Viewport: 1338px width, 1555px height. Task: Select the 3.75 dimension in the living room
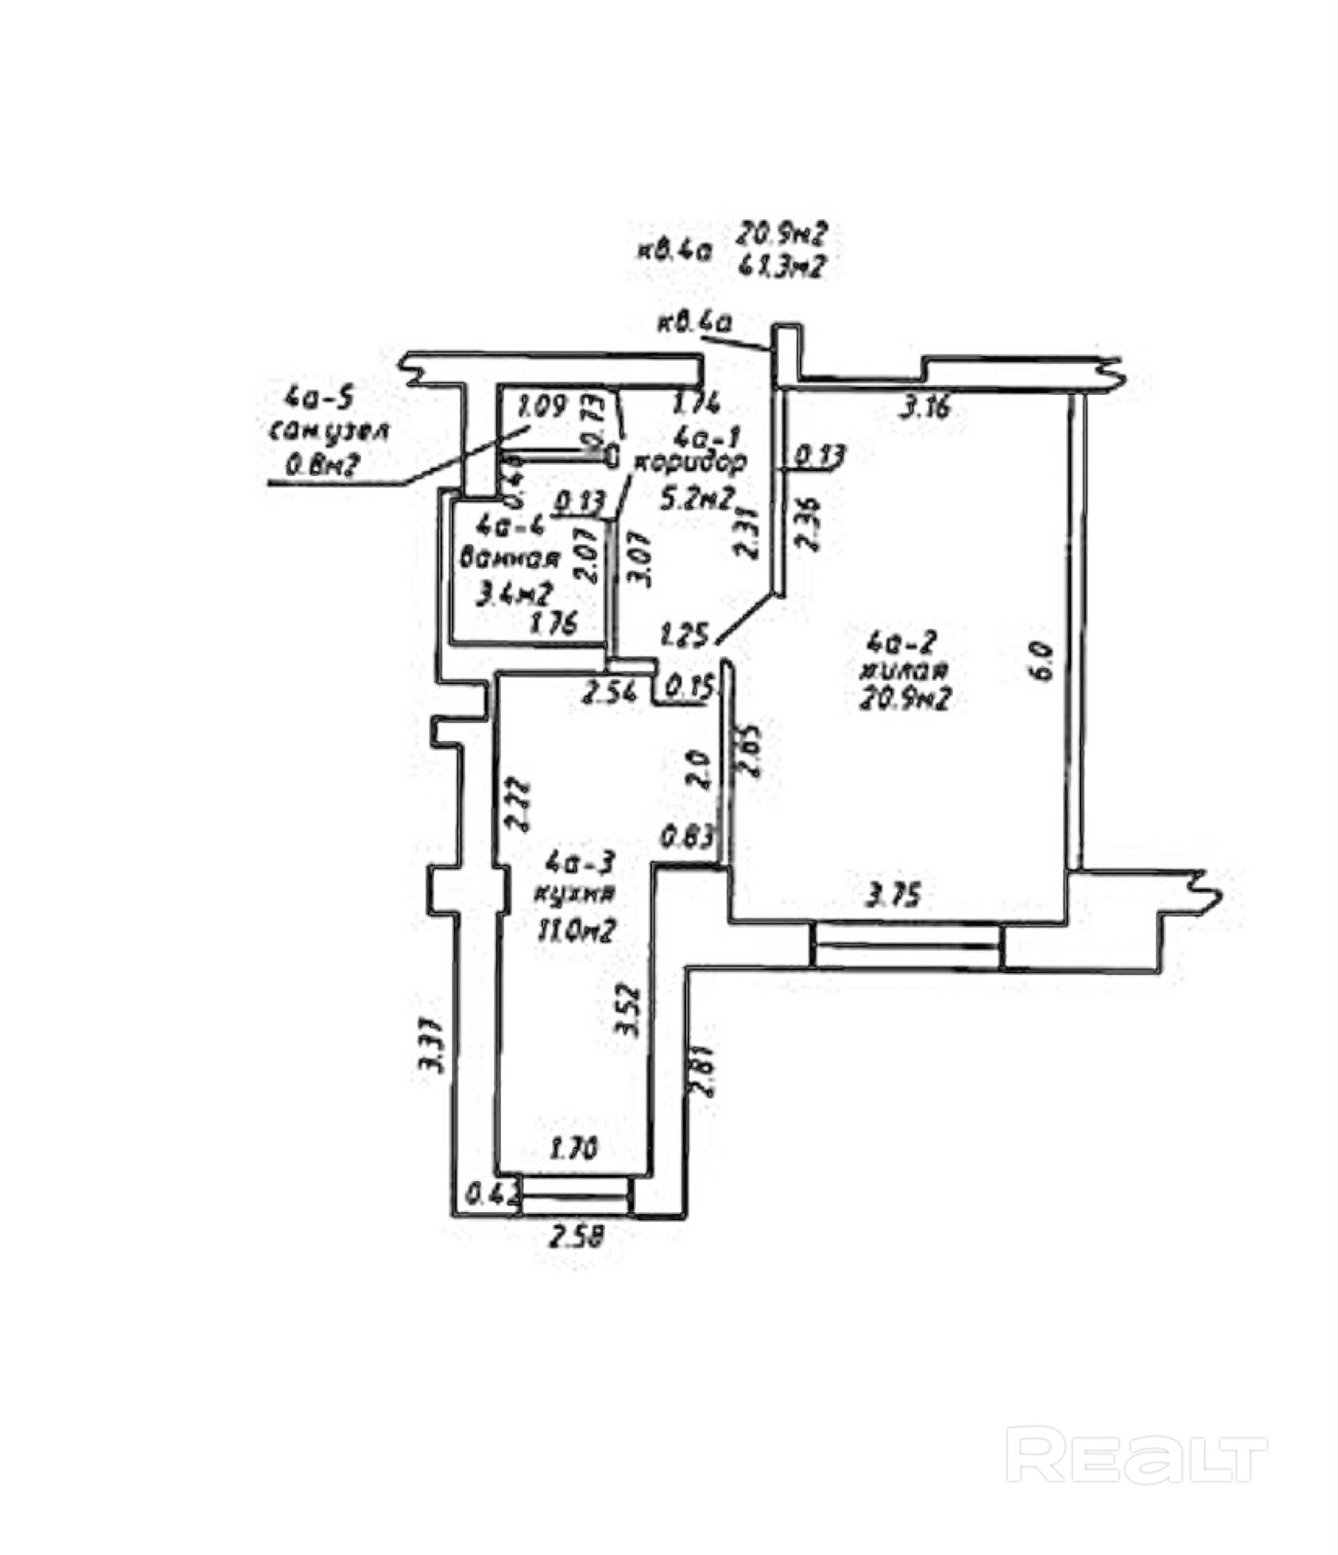(x=894, y=896)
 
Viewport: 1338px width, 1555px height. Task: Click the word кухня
(x=574, y=894)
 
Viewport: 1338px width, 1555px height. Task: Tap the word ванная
(x=510, y=558)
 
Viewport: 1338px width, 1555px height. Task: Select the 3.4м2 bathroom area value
(x=514, y=595)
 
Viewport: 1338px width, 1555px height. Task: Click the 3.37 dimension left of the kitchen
(x=432, y=1047)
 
